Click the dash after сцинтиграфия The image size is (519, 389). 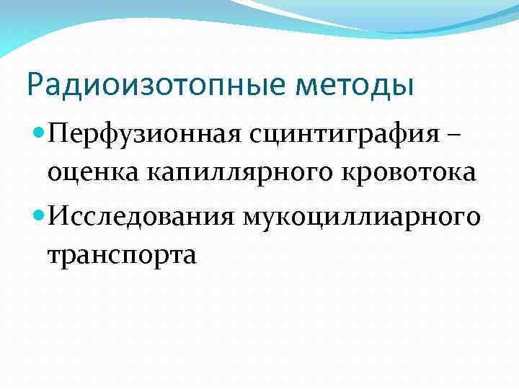coord(459,135)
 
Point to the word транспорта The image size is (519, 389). coord(122,254)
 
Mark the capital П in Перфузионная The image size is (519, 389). coord(60,134)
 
